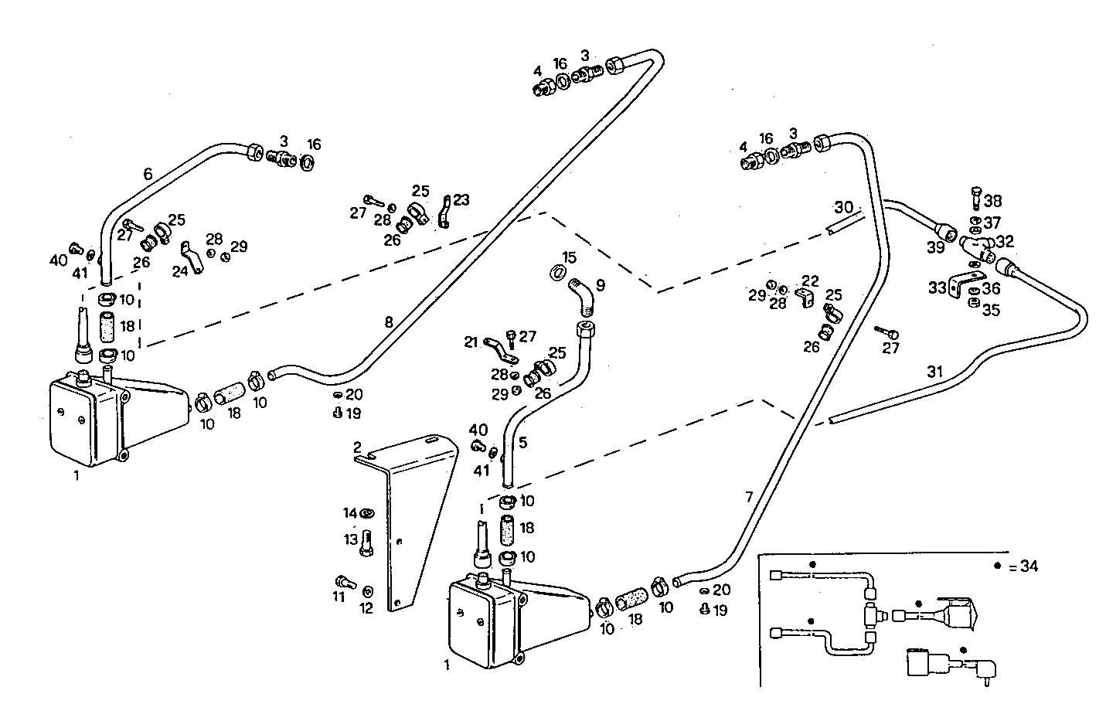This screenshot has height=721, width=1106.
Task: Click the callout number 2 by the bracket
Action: click(x=357, y=447)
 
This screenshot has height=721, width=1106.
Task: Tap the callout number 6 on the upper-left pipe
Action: click(x=148, y=175)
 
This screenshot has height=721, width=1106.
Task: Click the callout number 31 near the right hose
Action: click(x=935, y=372)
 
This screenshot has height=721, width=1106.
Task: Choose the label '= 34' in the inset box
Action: click(x=1023, y=566)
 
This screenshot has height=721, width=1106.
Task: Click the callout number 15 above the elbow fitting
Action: click(x=570, y=257)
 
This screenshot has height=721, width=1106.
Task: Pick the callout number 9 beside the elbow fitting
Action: click(x=600, y=286)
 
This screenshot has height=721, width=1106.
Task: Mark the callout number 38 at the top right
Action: click(x=993, y=201)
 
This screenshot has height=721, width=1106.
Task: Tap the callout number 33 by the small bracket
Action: click(x=938, y=288)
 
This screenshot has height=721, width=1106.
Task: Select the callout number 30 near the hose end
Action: click(x=843, y=207)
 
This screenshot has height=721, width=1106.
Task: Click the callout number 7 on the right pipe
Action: click(x=749, y=497)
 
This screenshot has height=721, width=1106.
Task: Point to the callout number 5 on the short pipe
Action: click(x=522, y=443)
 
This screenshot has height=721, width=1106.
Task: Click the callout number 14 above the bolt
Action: click(x=350, y=513)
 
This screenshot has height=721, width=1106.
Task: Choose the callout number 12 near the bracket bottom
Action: click(x=366, y=608)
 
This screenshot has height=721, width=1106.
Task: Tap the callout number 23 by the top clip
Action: click(x=461, y=200)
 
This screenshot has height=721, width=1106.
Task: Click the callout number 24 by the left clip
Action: click(x=180, y=271)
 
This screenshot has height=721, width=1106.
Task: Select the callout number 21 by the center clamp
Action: click(x=471, y=342)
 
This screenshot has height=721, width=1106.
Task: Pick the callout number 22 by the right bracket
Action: click(x=809, y=281)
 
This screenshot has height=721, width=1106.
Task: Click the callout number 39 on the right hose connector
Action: click(x=935, y=247)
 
